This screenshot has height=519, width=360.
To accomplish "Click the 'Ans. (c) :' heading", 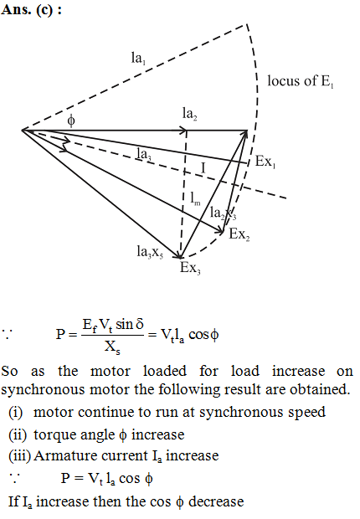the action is [32, 9].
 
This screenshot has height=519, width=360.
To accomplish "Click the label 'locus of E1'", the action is [301, 81].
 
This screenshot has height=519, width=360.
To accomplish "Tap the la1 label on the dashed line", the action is [138, 59].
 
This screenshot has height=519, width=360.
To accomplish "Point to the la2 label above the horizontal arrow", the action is [190, 114].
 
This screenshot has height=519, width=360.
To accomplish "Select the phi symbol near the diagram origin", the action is [71, 121].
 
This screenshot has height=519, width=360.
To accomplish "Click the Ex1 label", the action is [265, 162].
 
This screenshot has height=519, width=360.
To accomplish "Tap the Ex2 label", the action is [239, 234].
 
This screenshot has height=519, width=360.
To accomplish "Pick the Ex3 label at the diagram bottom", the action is [190, 267].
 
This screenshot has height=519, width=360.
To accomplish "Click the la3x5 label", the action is [150, 252].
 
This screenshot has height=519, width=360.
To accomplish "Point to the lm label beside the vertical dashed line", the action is [195, 199].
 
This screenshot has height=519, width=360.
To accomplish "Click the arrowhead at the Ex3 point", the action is [179, 255].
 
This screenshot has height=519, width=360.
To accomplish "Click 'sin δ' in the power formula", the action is [130, 324].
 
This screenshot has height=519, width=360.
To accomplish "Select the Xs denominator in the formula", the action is [112, 347].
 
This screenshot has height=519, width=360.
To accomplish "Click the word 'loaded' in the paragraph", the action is [165, 371].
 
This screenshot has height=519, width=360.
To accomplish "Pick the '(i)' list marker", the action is [16, 413].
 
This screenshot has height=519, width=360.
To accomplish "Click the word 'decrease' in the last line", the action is [216, 501].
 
